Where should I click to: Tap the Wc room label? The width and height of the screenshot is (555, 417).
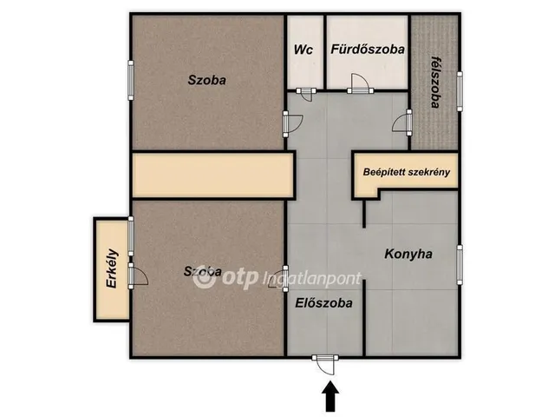(303, 50)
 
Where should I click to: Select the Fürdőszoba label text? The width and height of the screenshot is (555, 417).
(368, 50)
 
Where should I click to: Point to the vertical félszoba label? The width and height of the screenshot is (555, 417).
(434, 81)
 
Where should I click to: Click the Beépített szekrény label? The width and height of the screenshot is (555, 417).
(406, 172)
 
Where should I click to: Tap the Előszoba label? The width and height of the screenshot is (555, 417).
(323, 303)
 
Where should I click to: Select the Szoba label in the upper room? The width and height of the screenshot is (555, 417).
(207, 80)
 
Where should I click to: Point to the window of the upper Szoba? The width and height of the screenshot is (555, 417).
(131, 80)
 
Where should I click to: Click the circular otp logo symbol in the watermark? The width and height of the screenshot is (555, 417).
(204, 278)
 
